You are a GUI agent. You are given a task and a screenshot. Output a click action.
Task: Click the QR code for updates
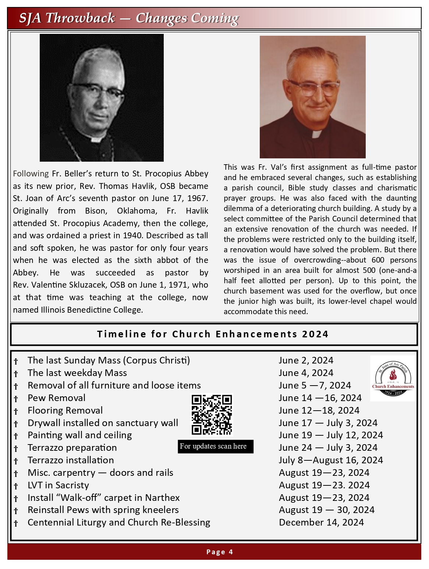coord(212,415)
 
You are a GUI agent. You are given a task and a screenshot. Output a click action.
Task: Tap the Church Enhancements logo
coord(393,378)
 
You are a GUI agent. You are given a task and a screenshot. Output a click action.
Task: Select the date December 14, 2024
coord(321,523)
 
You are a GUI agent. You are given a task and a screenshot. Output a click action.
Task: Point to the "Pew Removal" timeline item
coord(56,398)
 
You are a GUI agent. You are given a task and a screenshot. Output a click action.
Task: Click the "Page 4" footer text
coord(220,552)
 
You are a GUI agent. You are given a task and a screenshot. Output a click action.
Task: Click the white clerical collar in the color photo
coord(316,134)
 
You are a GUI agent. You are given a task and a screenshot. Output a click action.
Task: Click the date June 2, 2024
coord(306,361)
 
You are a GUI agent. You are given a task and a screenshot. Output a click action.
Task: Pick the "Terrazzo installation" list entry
coord(71,460)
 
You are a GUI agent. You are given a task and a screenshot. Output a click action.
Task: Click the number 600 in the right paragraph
coord(378,260)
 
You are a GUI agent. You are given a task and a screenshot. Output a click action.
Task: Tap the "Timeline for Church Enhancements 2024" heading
coord(213,334)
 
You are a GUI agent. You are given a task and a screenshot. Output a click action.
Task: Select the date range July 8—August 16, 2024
coord(331,460)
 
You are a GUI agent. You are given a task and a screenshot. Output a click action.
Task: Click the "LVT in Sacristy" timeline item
coord(58,485)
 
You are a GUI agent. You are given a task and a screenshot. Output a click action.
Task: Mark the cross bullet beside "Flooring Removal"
coord(16,411)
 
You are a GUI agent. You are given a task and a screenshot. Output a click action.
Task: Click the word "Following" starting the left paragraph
coord(31,174)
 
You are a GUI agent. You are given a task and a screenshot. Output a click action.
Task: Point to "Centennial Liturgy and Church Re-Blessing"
coord(119,523)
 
